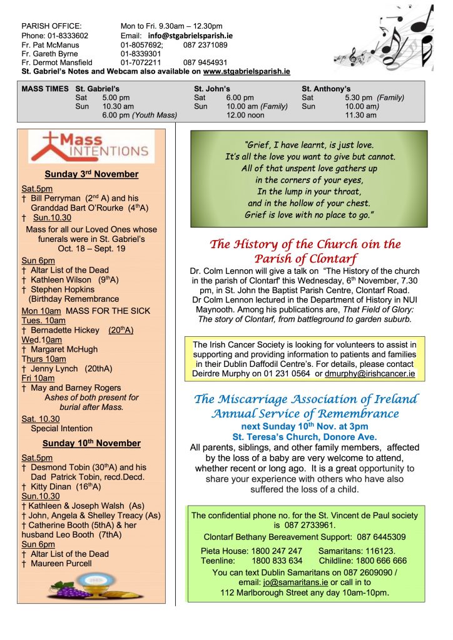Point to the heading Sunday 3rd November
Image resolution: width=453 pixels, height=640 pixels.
91,174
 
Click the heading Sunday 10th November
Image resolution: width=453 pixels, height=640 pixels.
91,443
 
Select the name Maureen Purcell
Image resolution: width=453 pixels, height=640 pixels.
61,563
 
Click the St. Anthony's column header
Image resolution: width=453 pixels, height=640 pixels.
326,89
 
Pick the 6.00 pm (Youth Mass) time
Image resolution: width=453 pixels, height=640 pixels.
140,115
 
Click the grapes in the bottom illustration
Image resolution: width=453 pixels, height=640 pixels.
63,591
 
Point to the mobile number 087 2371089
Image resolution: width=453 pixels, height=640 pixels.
205,45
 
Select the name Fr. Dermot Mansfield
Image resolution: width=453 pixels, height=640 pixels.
57,62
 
